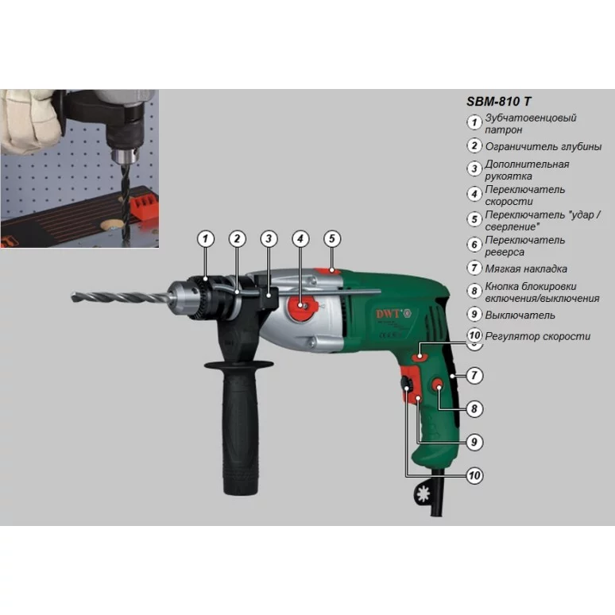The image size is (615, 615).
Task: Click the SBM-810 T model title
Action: pos(498,102)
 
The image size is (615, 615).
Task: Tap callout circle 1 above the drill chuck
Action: pos(206,239)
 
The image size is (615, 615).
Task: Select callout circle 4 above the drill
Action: pos(300,239)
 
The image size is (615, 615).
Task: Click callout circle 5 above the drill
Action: pos(332,239)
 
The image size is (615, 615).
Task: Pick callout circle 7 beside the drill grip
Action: pos(474,375)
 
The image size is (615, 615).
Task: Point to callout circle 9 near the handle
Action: pos(474,442)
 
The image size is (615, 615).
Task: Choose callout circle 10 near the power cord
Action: pos(474,475)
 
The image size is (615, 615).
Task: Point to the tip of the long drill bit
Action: pos(72,296)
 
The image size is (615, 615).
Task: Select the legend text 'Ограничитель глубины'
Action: pos(543,147)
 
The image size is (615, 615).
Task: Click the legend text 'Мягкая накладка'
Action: pos(526,269)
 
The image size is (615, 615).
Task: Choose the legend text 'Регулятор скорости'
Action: pos(537,336)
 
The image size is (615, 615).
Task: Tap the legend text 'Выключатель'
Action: pos(520,315)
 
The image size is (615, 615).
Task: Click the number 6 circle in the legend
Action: pos(474,245)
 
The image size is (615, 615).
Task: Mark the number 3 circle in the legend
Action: pos(474,168)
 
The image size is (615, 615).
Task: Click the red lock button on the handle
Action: pos(438,386)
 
